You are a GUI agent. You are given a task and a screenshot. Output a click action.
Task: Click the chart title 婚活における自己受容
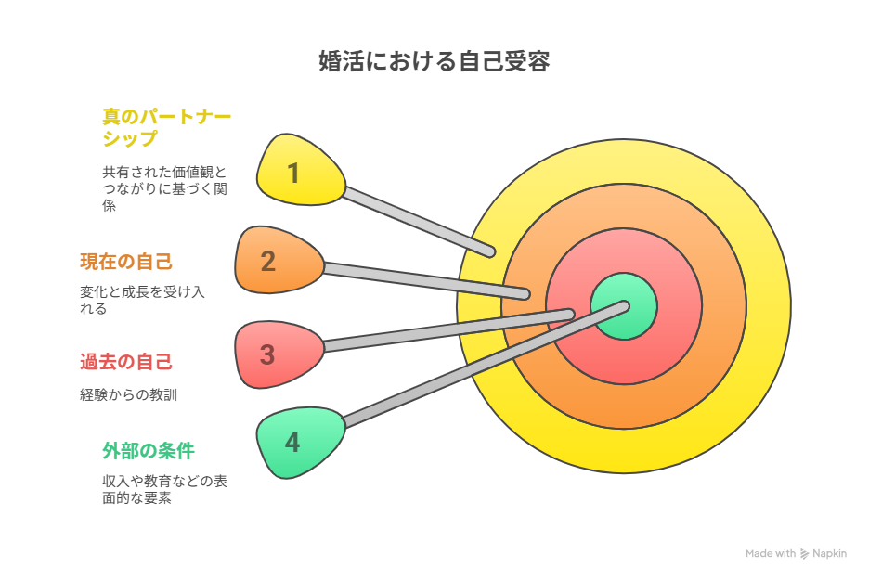click(434, 61)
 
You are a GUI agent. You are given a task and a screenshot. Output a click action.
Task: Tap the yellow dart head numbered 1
click(300, 171)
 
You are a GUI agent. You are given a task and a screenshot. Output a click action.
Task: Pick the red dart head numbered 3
click(279, 354)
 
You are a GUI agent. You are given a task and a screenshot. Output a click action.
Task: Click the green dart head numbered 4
click(300, 443)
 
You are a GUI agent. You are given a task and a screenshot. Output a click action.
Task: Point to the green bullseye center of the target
click(624, 306)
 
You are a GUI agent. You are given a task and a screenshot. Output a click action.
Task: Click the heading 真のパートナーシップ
click(166, 127)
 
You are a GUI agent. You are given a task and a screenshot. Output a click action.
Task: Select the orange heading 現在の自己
click(126, 262)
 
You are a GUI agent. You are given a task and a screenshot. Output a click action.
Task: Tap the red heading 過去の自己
click(126, 362)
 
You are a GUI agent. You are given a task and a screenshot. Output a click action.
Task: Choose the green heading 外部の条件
click(149, 451)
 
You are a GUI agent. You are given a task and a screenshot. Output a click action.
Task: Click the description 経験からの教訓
click(128, 395)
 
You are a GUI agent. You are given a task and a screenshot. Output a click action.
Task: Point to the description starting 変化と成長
click(142, 300)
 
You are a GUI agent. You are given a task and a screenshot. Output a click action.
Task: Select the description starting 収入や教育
click(164, 489)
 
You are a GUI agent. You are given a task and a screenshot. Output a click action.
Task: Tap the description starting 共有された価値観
click(164, 189)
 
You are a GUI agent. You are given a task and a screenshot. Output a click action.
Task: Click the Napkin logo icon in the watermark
click(804, 554)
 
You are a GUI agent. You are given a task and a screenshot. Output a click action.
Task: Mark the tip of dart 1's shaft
click(490, 252)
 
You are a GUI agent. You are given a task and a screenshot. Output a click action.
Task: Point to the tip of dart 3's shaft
click(569, 315)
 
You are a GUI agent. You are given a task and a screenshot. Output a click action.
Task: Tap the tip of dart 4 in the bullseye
click(625, 306)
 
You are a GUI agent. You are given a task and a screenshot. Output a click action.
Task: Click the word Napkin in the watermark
click(830, 553)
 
